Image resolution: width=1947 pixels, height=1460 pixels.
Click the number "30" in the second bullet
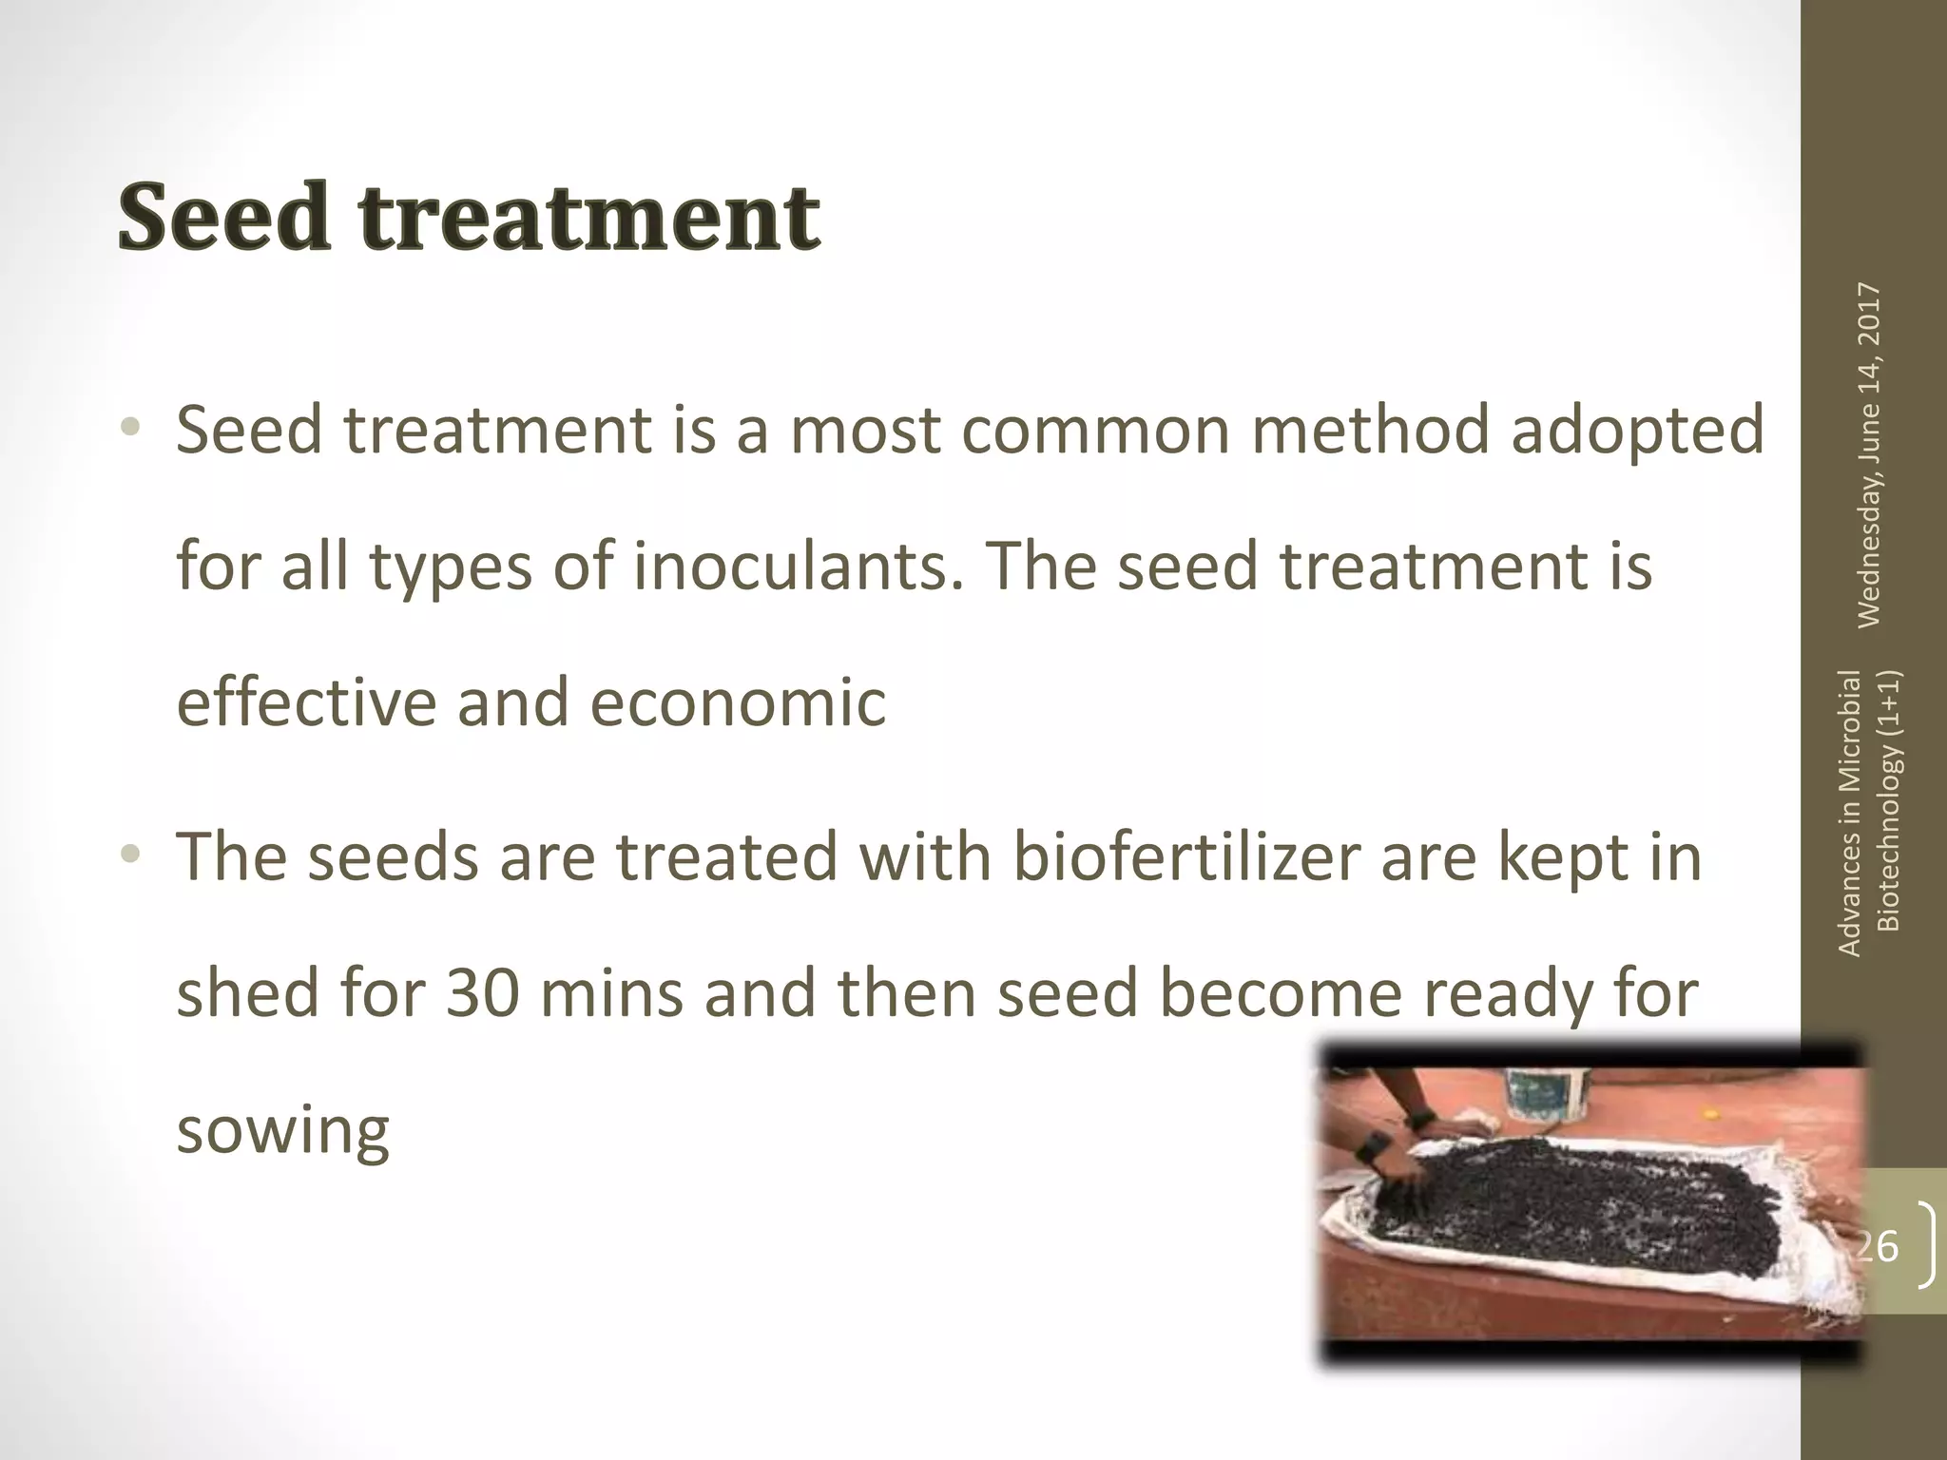483,993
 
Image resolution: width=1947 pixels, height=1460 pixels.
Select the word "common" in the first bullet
1010,431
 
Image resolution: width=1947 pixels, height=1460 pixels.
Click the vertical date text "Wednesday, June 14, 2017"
1868,455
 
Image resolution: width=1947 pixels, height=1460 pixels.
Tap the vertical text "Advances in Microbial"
1849,813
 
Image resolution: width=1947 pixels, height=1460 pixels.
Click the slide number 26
1879,1245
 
